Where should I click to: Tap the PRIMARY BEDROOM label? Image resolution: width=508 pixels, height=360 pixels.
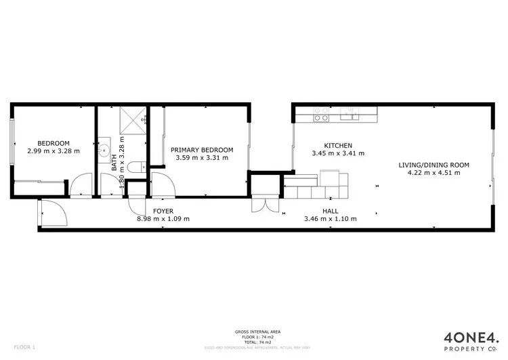pos(202,150)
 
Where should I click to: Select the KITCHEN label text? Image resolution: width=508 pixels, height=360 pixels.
pos(338,146)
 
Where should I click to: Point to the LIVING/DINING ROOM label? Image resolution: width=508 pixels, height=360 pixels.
pos(433,165)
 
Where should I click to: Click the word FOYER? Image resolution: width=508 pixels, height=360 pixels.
pos(163,212)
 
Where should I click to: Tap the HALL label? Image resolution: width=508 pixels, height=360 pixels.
pos(331,212)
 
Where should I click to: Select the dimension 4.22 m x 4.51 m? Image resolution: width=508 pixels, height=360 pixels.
pos(433,173)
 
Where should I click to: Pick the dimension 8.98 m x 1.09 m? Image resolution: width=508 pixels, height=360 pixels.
pos(163,219)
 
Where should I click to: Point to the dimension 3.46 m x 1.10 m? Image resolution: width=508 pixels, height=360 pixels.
pos(331,219)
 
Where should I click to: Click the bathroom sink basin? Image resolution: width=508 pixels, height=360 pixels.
pos(104,148)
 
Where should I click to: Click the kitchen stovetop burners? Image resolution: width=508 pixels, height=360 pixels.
pos(321,117)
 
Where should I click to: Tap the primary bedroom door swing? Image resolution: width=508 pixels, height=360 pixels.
pos(163,184)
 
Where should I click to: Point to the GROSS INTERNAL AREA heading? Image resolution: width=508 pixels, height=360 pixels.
pos(254,332)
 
